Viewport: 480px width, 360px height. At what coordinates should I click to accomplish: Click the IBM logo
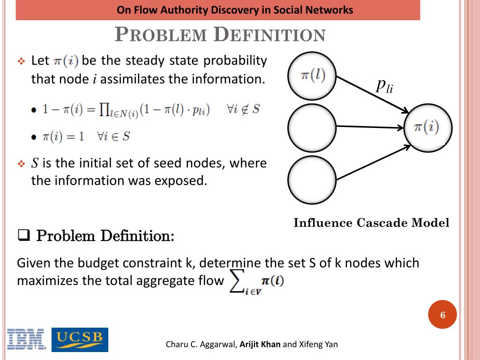(x=26, y=340)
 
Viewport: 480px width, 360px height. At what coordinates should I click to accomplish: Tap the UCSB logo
(x=80, y=339)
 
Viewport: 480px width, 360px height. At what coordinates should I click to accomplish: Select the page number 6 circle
(x=442, y=315)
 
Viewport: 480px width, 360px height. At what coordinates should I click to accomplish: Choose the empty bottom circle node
(x=312, y=179)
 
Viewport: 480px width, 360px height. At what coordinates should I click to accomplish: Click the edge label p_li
(x=384, y=86)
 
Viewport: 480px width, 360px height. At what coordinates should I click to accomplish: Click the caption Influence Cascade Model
(x=371, y=223)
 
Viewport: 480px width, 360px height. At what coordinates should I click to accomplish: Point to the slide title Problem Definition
(x=220, y=35)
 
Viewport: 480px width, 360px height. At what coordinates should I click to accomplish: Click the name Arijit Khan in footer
(x=260, y=345)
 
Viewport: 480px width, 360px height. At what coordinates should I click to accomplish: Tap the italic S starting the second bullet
(x=35, y=164)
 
